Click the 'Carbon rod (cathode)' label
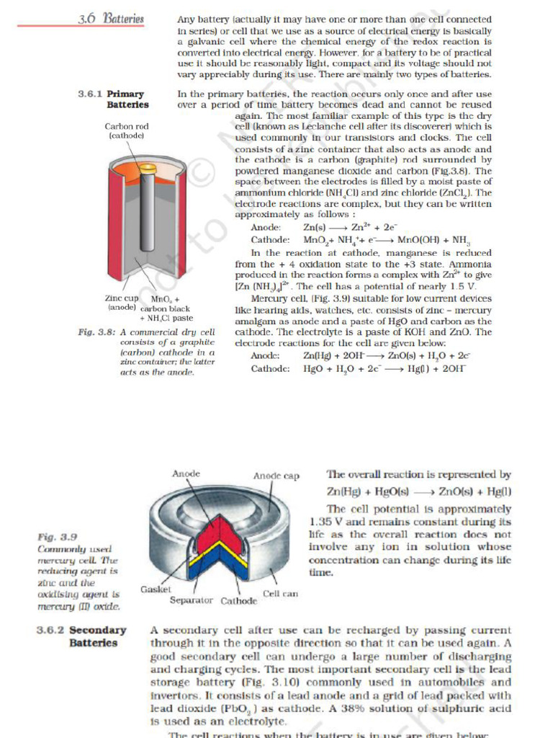[127, 130]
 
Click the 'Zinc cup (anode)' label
[122, 303]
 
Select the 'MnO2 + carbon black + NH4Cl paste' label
[166, 308]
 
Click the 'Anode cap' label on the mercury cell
[276, 476]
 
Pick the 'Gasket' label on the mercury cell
[155, 589]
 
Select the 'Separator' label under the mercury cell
[192, 600]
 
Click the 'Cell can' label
[281, 593]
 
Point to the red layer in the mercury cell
[208, 533]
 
